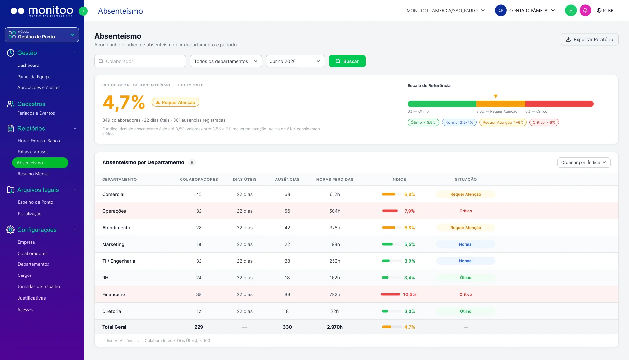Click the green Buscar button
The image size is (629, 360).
[x=347, y=61]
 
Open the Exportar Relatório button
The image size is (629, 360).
[x=589, y=39]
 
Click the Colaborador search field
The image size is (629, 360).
[x=140, y=61]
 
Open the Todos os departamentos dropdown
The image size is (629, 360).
[x=226, y=61]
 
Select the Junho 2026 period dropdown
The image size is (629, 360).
[x=295, y=61]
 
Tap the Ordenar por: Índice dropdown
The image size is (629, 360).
[x=584, y=162]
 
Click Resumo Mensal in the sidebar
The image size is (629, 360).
[x=34, y=174]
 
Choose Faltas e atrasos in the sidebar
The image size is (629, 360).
[x=33, y=152]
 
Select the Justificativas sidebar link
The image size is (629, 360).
[x=31, y=298]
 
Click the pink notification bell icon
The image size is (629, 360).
[x=585, y=10]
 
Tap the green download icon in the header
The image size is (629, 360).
[x=571, y=10]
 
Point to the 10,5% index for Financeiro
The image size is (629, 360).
[x=410, y=294]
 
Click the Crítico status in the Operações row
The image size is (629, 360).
[x=466, y=211]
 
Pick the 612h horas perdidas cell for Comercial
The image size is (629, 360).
[x=335, y=194]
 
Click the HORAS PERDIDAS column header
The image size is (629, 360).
[x=335, y=180]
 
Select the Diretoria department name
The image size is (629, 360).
[x=111, y=311]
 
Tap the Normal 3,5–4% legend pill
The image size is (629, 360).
[x=459, y=123]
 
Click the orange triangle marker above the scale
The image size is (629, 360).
[x=496, y=96]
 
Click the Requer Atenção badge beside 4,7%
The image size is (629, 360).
[x=175, y=102]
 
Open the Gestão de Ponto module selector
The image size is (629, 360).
[x=42, y=35]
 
